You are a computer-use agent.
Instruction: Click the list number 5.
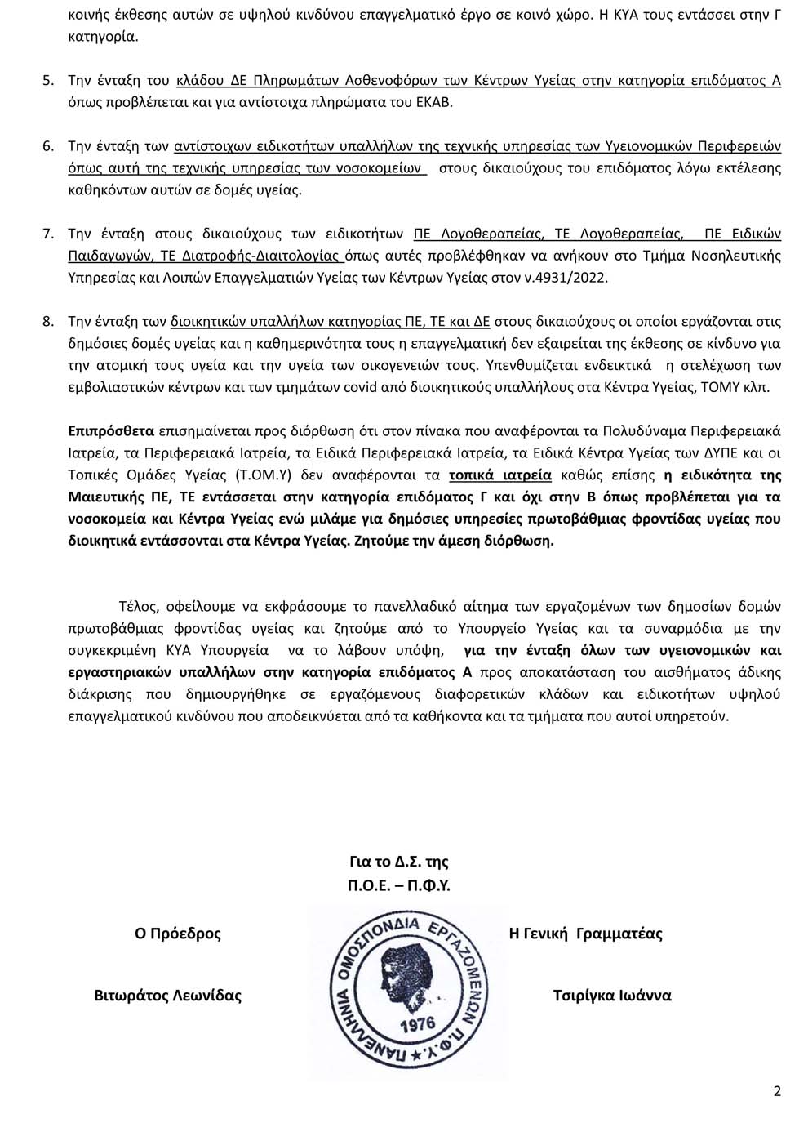tap(47, 81)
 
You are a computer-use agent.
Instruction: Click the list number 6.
tap(47, 147)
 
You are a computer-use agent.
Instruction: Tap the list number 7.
tap(47, 234)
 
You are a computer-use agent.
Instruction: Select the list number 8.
tap(47, 321)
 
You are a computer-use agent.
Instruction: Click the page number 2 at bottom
tap(777, 1091)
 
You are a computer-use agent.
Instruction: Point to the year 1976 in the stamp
tap(418, 1024)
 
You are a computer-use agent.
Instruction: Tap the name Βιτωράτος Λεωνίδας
tap(168, 996)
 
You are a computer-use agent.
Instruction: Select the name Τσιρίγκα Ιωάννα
tap(612, 996)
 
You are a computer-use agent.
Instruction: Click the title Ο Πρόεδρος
tap(178, 934)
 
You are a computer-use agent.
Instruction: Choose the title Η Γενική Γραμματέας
tap(585, 934)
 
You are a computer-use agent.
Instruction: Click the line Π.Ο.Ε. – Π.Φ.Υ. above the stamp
tap(399, 885)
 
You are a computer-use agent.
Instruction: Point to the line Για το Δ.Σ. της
tap(399, 862)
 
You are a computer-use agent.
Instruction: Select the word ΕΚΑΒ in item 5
tap(435, 103)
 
